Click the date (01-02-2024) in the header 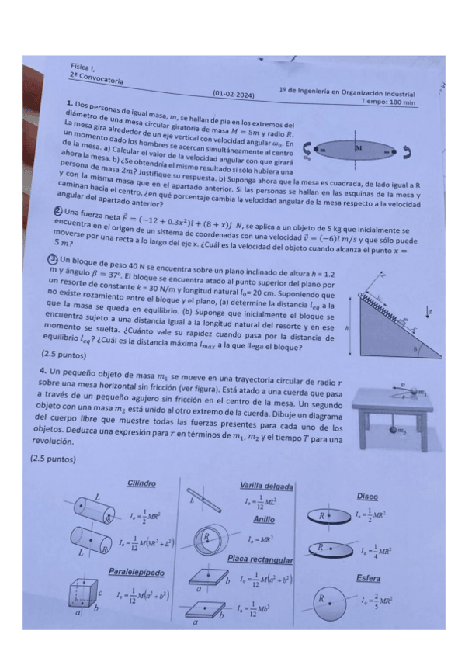point(234,95)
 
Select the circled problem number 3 point(53,259)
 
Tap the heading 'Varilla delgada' point(266,487)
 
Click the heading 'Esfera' point(368,578)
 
